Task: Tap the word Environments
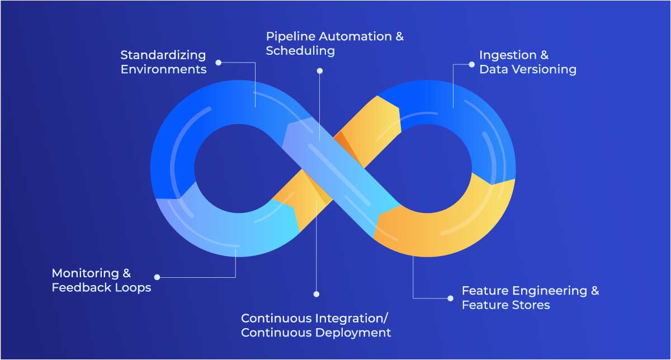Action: coord(163,70)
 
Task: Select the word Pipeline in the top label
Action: coord(288,37)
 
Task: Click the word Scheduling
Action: coord(300,51)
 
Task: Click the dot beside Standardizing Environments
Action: coord(218,63)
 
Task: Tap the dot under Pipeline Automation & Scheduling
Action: coord(320,71)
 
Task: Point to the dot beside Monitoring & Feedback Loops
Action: coord(157,277)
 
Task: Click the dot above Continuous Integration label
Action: coord(316,293)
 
